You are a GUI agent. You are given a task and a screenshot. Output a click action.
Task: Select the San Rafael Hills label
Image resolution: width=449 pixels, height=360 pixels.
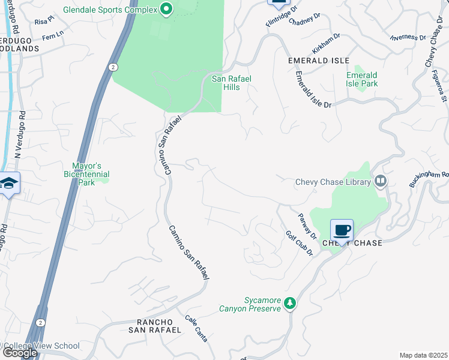click(x=227, y=83)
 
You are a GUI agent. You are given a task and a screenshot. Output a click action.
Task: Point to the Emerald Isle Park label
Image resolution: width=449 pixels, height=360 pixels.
click(x=362, y=79)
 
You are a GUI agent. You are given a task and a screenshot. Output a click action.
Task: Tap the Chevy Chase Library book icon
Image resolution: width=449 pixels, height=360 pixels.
click(x=380, y=181)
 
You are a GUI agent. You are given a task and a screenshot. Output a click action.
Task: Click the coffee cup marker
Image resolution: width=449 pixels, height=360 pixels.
click(x=342, y=230)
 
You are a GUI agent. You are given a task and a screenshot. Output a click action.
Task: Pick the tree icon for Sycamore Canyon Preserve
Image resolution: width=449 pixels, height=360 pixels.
click(x=290, y=304)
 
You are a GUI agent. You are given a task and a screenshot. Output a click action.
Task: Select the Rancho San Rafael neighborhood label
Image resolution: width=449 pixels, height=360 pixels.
click(x=155, y=326)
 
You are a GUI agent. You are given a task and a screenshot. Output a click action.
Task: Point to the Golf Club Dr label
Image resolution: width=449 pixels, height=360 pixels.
click(x=299, y=243)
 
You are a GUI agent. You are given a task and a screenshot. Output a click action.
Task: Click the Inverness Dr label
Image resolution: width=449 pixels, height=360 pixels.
click(x=408, y=37)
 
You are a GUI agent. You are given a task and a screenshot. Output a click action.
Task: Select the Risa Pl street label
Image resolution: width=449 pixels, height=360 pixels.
click(x=44, y=21)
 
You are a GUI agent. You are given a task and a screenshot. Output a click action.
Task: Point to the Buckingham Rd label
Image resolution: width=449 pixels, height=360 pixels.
click(x=429, y=178)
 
